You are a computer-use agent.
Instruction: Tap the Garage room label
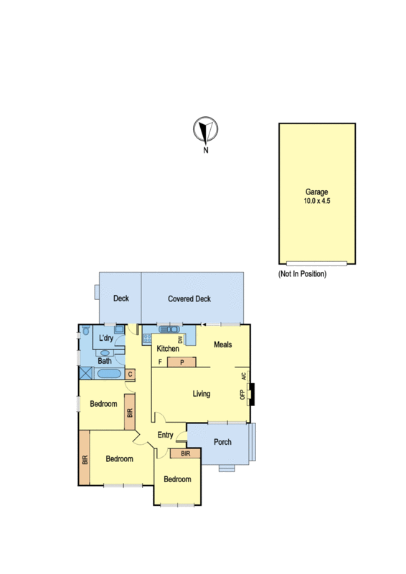click(x=316, y=192)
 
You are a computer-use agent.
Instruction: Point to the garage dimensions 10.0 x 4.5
click(x=316, y=201)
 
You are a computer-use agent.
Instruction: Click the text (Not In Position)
click(x=302, y=274)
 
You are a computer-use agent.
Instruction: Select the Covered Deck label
click(x=189, y=298)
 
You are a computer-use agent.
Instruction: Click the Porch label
click(x=222, y=442)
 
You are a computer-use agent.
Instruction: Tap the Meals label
click(x=222, y=344)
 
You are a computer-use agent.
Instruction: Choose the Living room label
click(x=202, y=394)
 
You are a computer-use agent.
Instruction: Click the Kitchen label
click(x=168, y=349)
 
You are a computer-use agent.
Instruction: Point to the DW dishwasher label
click(x=180, y=339)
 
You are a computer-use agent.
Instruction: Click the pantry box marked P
click(x=181, y=362)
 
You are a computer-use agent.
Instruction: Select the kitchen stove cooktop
click(x=147, y=338)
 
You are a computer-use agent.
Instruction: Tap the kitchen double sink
click(x=169, y=329)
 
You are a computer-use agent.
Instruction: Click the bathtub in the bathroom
click(x=109, y=374)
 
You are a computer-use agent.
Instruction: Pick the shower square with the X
click(x=86, y=373)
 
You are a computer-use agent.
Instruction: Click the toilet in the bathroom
click(x=86, y=331)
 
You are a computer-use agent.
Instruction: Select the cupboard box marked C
click(x=130, y=375)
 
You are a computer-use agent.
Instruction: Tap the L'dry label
click(x=105, y=338)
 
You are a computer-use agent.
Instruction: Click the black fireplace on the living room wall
click(x=252, y=394)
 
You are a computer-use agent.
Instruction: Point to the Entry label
click(x=165, y=435)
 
